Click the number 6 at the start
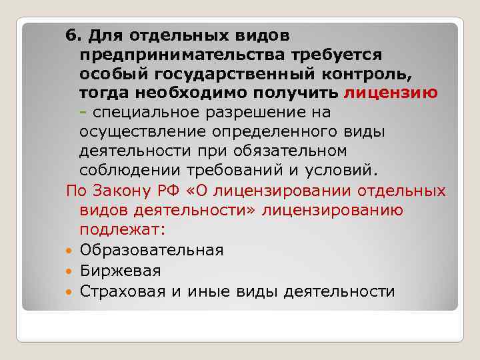coord(70,33)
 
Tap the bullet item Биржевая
coord(120,271)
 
